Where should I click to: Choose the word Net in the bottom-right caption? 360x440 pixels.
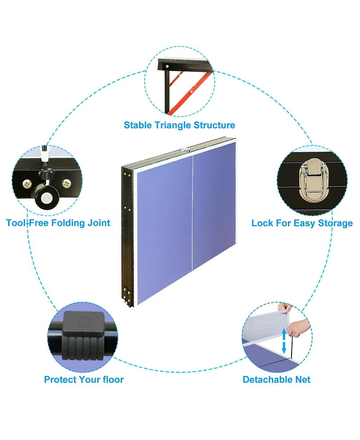tap(303, 380)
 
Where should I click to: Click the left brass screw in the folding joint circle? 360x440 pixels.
tap(27, 184)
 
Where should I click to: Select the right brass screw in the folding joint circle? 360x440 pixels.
tap(67, 184)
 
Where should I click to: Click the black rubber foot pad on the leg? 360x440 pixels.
tap(83, 336)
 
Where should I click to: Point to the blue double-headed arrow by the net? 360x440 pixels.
tap(284, 341)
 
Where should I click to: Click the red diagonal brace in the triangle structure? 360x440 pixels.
tap(191, 91)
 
